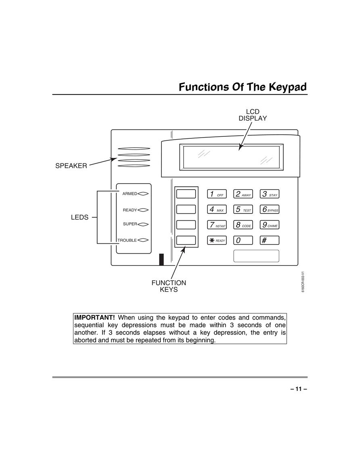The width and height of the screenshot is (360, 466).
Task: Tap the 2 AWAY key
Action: click(x=243, y=194)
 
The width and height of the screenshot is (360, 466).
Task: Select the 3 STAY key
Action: click(x=270, y=194)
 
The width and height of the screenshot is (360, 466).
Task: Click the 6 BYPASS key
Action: click(x=270, y=209)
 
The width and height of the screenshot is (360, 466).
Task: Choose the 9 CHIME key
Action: click(x=270, y=225)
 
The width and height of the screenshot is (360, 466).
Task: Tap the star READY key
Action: click(x=217, y=240)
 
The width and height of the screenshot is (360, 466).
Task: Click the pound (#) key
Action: click(x=270, y=240)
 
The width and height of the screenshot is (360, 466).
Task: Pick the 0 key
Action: click(x=243, y=240)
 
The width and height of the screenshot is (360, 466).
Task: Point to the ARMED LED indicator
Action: click(x=143, y=194)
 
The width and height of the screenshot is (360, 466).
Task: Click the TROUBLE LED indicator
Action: click(x=143, y=240)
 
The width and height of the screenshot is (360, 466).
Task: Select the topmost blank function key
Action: click(x=186, y=194)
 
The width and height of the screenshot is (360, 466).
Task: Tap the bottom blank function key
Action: click(x=186, y=240)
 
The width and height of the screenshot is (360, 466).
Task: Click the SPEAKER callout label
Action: click(x=71, y=166)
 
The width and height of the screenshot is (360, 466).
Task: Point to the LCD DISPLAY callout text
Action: click(x=253, y=115)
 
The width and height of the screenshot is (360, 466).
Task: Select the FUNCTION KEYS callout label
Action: click(x=169, y=286)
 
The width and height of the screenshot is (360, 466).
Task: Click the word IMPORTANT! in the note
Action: click(x=94, y=318)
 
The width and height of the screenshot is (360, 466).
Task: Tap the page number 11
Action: click(x=299, y=389)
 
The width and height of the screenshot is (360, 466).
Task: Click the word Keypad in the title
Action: click(x=288, y=87)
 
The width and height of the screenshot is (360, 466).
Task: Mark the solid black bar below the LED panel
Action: click(x=161, y=259)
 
